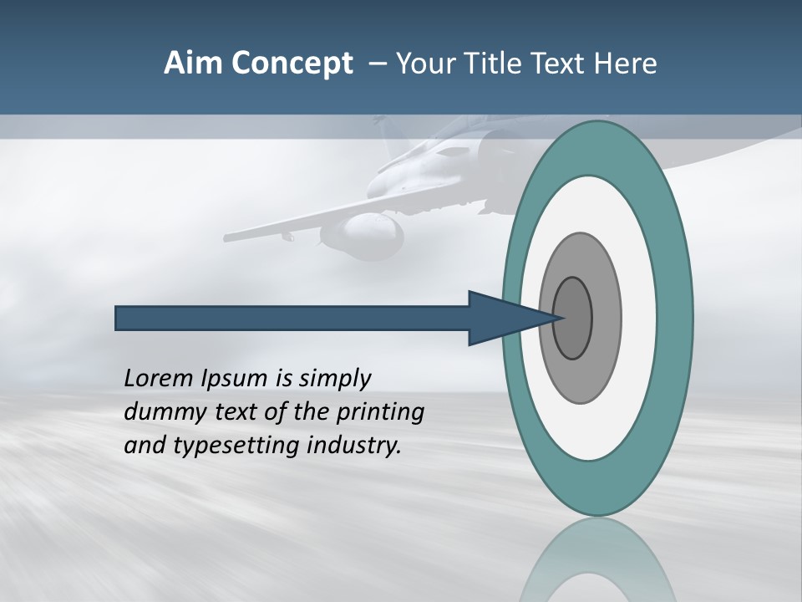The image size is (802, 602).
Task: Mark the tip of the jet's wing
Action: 227,237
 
